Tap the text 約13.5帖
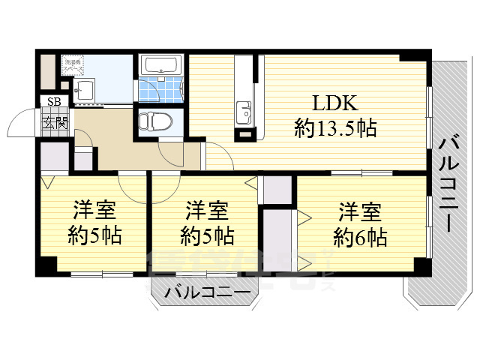pyautogui.click(x=335, y=129)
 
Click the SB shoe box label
pyautogui.click(x=55, y=102)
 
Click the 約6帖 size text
pyautogui.click(x=360, y=238)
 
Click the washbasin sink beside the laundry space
pyautogui.click(x=84, y=91)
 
